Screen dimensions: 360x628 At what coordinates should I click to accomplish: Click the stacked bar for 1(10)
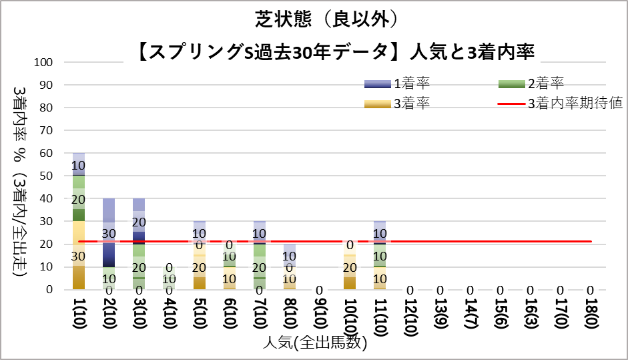pos(79,221)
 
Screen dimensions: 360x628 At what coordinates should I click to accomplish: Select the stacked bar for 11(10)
pos(380,255)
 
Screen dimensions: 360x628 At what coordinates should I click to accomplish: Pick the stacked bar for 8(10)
pos(290,266)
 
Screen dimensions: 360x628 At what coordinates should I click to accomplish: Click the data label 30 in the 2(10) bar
pos(109,233)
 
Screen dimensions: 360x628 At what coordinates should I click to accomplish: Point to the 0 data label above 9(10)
pos(320,290)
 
